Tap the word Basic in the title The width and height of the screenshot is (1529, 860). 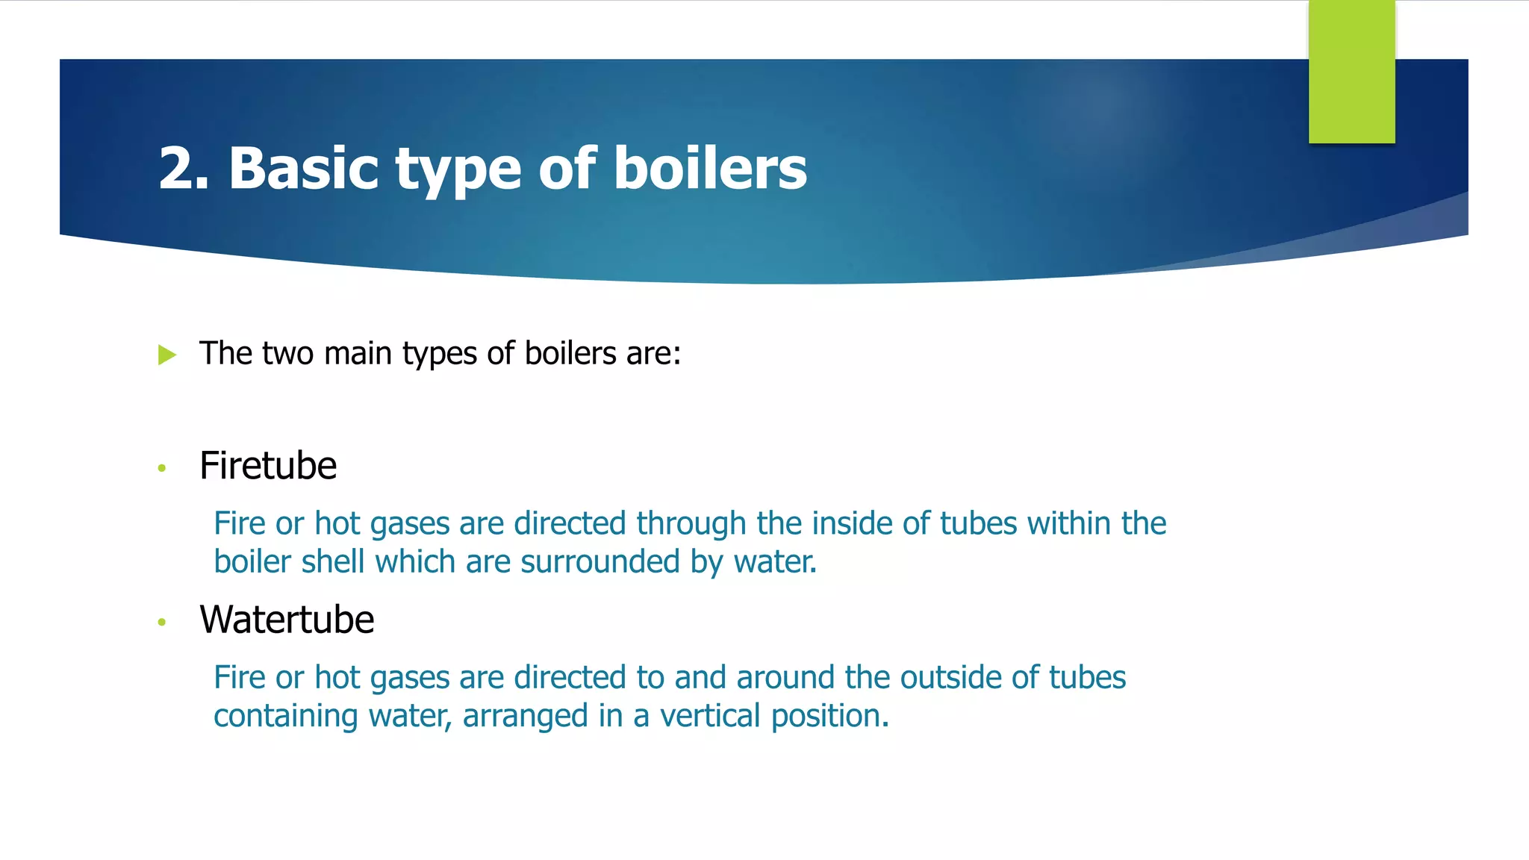pyautogui.click(x=303, y=169)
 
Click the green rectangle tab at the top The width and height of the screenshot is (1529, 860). pyautogui.click(x=1351, y=72)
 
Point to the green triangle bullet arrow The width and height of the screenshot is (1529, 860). pyautogui.click(x=167, y=355)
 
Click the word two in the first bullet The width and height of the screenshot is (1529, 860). pyautogui.click(x=288, y=354)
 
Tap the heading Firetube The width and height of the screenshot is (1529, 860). pyautogui.click(x=268, y=466)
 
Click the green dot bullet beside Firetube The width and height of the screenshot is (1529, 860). pyautogui.click(x=162, y=468)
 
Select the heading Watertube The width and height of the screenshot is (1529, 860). pyautogui.click(x=287, y=620)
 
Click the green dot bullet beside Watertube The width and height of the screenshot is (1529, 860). pyautogui.click(x=162, y=622)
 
